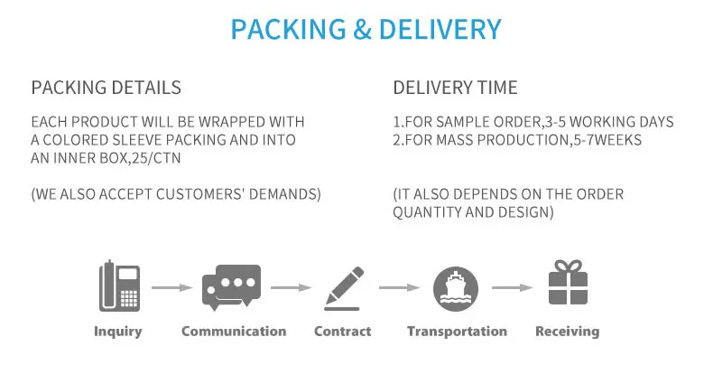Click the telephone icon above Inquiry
point(119,286)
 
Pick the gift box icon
point(568,283)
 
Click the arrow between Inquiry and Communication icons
point(171,288)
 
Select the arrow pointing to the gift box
point(512,288)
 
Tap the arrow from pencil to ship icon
point(400,288)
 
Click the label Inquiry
point(118,332)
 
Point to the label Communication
point(234,332)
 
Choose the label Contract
point(342,332)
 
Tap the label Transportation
point(457,332)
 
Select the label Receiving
point(567,332)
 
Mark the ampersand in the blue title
point(362,29)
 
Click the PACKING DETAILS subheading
point(106,88)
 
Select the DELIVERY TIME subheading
point(455,88)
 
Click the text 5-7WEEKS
point(609,140)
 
